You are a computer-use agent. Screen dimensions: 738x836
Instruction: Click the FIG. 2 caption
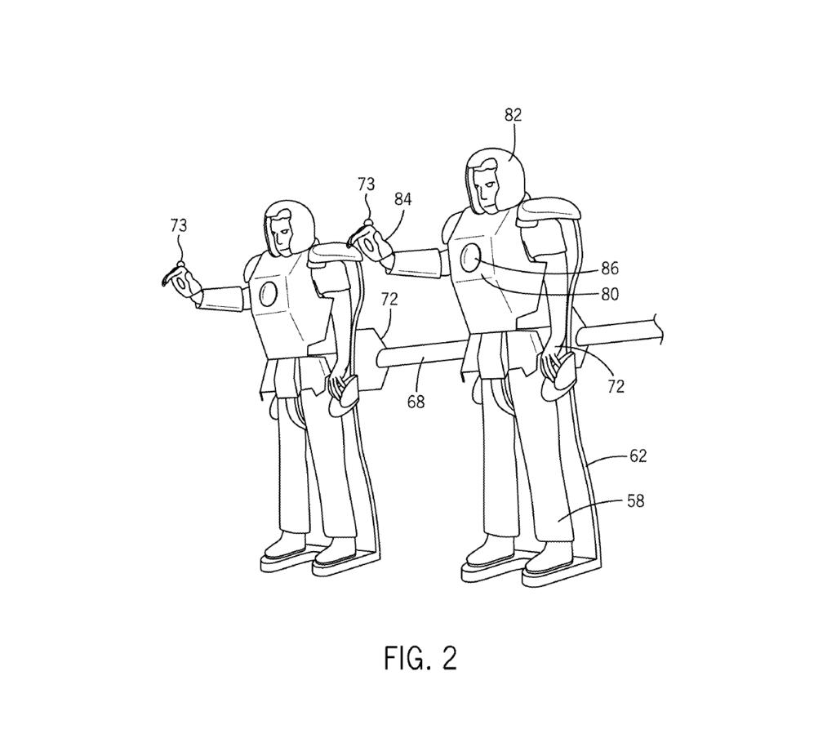[x=420, y=657]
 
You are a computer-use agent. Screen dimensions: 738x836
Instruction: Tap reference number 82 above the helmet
[x=513, y=115]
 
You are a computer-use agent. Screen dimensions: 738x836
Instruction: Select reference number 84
[x=402, y=198]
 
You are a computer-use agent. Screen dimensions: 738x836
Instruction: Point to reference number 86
[x=609, y=268]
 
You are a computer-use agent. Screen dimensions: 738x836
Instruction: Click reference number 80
[x=609, y=293]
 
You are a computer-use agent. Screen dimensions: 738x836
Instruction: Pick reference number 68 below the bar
[x=416, y=402]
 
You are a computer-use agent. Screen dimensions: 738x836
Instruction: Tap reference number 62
[x=638, y=456]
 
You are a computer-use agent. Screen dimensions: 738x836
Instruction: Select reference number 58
[x=635, y=500]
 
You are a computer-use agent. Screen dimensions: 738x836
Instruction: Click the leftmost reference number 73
[x=179, y=225]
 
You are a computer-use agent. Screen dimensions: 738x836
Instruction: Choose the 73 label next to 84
[x=367, y=184]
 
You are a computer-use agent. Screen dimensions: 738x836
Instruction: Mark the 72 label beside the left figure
[x=389, y=299]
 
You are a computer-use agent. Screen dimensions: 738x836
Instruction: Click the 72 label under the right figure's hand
[x=616, y=386]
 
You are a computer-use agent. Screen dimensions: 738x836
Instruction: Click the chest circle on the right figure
[x=472, y=257]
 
